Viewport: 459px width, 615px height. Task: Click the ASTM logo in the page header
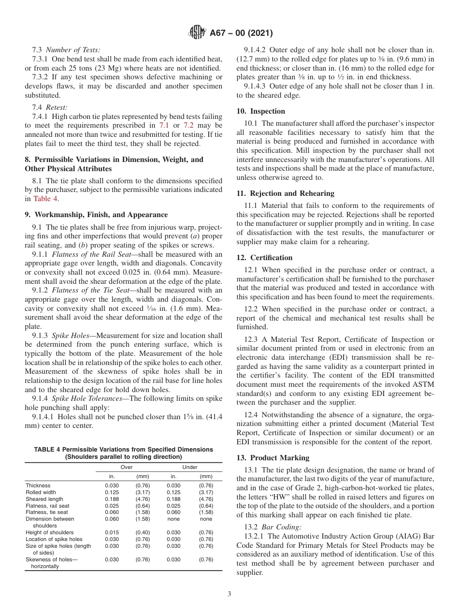197,33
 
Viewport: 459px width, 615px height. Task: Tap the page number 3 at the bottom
229,594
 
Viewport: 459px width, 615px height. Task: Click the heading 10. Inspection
261,111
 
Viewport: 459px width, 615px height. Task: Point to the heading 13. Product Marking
273,458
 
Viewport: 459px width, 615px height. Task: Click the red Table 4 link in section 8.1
46,199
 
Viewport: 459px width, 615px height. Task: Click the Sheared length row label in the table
44,499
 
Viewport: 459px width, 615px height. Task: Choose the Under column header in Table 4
189,467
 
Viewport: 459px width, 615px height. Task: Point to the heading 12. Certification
265,258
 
